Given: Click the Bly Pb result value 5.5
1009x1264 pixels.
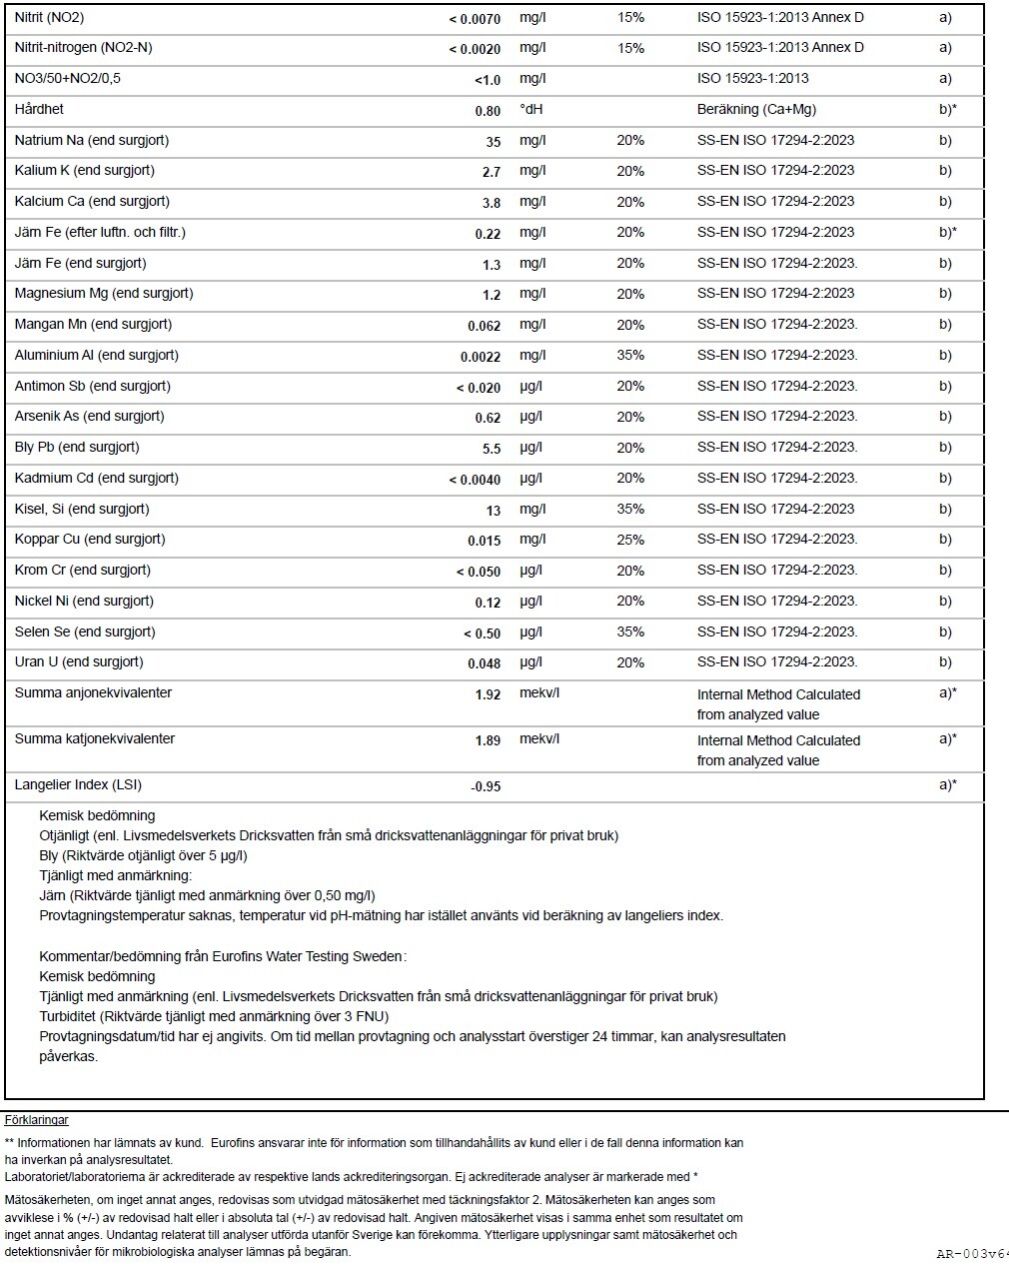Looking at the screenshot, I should (491, 449).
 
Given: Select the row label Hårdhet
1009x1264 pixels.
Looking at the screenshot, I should (39, 109).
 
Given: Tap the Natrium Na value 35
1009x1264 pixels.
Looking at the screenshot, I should (493, 142).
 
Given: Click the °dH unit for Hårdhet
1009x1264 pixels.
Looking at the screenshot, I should (530, 110).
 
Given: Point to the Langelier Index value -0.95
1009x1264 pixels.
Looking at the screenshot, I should (486, 786).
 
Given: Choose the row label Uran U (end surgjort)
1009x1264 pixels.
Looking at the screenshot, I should (79, 661).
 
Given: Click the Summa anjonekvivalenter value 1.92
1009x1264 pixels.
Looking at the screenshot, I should (488, 694).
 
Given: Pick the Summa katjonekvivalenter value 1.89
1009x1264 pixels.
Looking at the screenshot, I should (488, 740).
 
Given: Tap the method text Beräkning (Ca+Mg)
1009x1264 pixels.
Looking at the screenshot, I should (756, 110).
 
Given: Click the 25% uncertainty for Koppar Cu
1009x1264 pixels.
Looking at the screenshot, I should (630, 540).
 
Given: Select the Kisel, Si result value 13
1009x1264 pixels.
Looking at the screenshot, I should (493, 511).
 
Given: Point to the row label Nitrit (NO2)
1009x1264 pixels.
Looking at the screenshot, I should (49, 18).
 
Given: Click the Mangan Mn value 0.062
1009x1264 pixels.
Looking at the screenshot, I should (484, 326).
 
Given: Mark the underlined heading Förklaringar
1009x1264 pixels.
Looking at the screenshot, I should (37, 1120).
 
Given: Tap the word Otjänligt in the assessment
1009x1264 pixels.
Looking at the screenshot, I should (65, 835).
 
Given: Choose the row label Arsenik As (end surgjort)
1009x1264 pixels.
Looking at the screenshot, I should (89, 416).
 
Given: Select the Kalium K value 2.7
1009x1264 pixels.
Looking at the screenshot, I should (491, 172).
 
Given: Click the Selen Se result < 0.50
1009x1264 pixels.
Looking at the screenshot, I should (482, 633).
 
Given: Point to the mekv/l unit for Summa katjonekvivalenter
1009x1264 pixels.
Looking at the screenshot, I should (539, 739).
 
